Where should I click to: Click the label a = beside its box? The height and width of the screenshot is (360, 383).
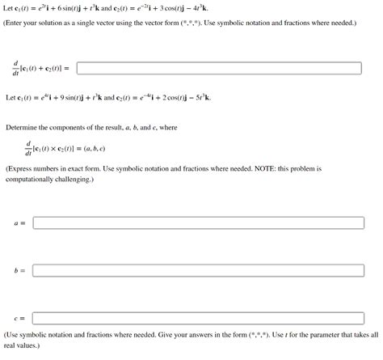tap(19, 222)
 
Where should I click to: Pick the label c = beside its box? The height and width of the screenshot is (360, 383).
tap(19, 319)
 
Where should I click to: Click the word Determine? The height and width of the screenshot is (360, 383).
tap(23, 128)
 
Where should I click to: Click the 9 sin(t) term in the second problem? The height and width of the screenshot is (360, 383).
tap(82, 98)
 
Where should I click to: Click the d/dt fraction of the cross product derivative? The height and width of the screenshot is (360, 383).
tap(29, 150)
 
